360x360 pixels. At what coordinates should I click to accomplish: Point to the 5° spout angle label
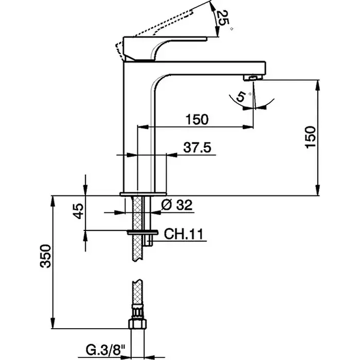[x=243, y=96]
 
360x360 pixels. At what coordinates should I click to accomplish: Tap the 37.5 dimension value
[x=197, y=148]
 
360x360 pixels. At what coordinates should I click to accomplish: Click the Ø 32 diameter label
[x=176, y=205]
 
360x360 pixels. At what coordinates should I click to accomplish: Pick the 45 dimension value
[x=79, y=211]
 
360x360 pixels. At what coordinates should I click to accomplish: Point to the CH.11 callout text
[x=184, y=234]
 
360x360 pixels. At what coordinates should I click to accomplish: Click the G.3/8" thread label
[x=105, y=350]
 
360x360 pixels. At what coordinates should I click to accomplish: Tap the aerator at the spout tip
[x=253, y=78]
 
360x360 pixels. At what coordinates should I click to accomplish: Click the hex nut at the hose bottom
[x=137, y=323]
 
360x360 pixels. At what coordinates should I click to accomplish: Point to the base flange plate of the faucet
[x=143, y=194]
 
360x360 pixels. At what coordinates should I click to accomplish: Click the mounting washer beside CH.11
[x=142, y=232]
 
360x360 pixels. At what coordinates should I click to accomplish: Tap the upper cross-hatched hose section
[x=137, y=228]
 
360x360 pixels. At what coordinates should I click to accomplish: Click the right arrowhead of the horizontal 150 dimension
[x=248, y=127]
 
